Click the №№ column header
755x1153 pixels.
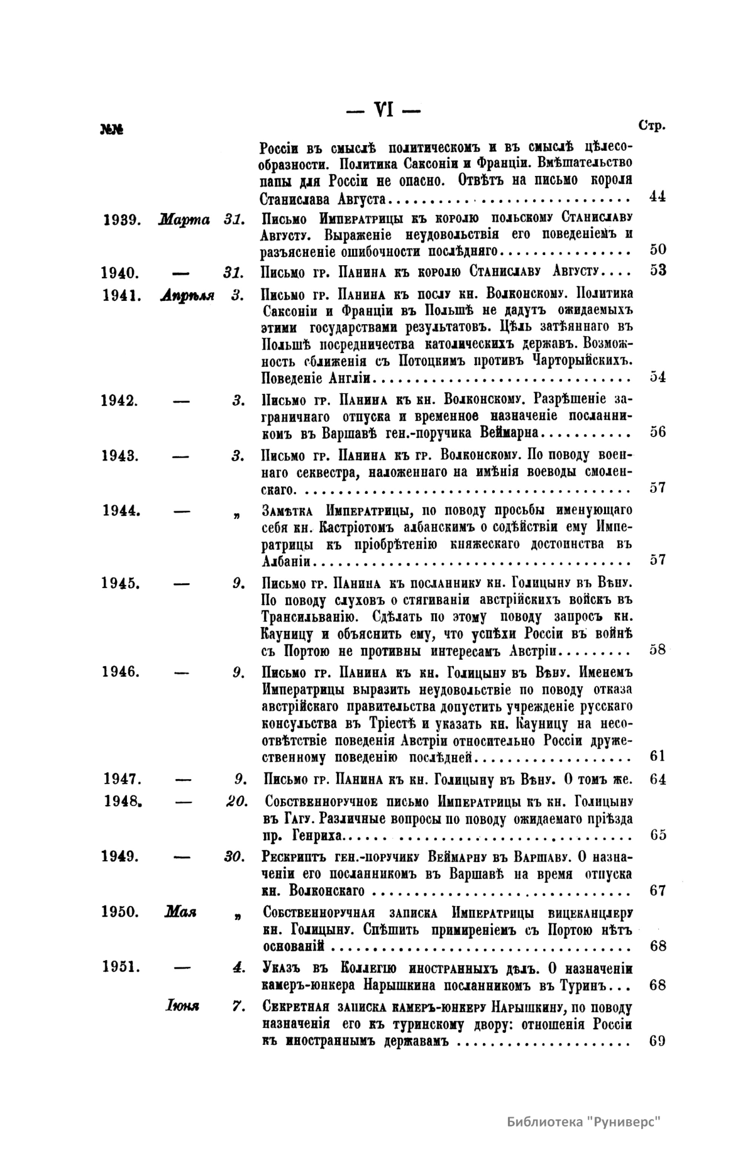(111, 130)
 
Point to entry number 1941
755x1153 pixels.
(121, 295)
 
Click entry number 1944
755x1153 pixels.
(121, 510)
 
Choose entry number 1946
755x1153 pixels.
(121, 671)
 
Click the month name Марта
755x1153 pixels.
(184, 221)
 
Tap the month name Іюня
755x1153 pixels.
(182, 1007)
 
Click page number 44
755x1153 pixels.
(657, 196)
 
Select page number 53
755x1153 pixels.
(657, 271)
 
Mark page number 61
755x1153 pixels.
(657, 756)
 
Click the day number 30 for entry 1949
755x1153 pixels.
(234, 856)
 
